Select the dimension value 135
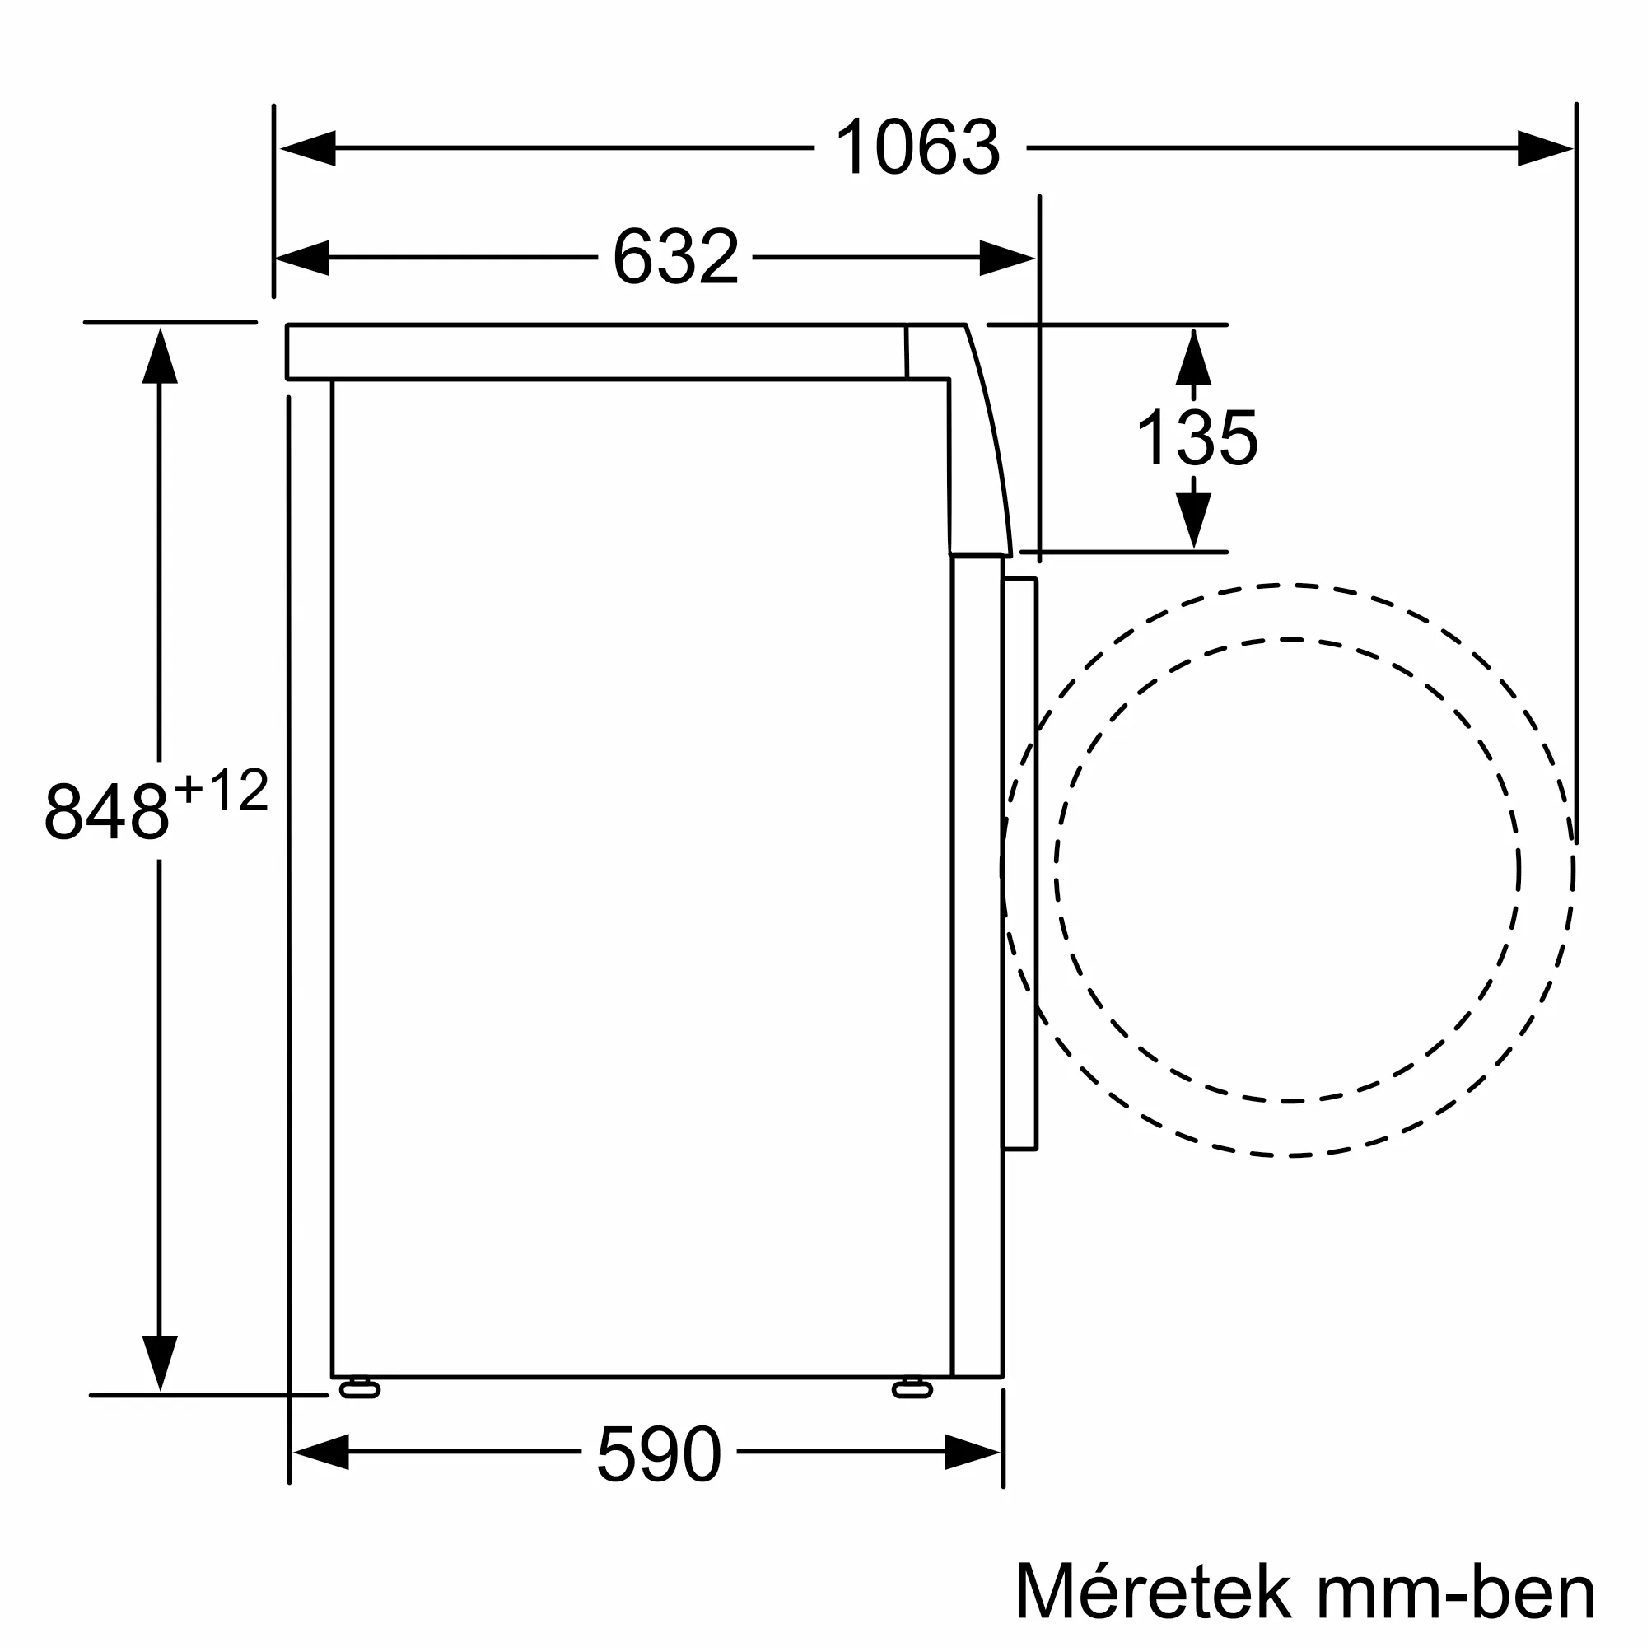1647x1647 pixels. [1196, 438]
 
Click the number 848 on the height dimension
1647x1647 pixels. [107, 812]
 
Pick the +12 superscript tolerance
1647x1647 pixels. [222, 790]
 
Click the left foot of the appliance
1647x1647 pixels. [360, 1388]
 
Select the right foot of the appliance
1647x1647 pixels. [912, 1388]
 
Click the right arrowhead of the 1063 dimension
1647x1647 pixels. [1545, 148]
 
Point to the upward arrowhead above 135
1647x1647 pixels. [1192, 358]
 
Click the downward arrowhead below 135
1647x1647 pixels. [1193, 519]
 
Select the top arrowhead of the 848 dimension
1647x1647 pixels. [160, 357]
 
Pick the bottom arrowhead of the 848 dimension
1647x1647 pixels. [160, 1361]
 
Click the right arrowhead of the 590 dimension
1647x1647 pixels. [972, 1452]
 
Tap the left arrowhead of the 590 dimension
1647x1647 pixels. [321, 1452]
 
